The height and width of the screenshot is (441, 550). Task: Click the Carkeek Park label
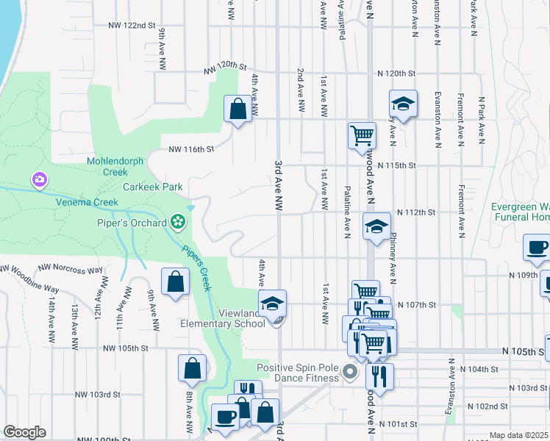(153, 187)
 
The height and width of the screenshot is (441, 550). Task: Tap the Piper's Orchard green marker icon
(176, 220)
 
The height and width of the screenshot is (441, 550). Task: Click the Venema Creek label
(87, 202)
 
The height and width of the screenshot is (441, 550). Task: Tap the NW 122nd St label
(132, 25)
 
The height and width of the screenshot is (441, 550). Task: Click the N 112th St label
(416, 212)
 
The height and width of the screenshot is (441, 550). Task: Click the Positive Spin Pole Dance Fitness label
(298, 373)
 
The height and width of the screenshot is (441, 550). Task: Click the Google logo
(24, 432)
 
